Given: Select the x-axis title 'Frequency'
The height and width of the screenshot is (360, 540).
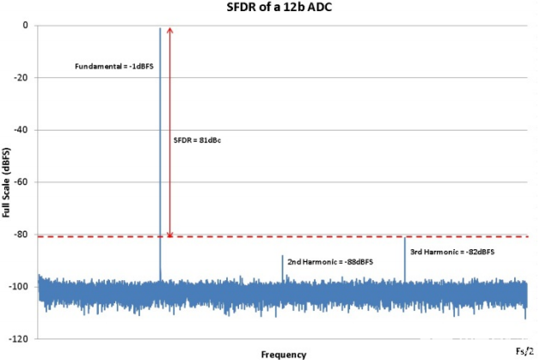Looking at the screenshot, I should pos(284,353).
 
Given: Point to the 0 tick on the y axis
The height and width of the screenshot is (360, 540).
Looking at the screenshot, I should pos(27,26).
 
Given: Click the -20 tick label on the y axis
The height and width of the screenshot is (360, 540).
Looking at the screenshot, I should pos(22,78).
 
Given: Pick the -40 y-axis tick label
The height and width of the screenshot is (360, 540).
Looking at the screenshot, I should pos(22,130).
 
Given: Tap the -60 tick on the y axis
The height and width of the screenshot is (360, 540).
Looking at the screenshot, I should pos(22,182).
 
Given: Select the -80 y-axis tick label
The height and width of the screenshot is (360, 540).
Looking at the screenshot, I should pos(22,234).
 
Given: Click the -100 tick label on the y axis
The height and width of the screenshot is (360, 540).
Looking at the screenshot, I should pos(21,286).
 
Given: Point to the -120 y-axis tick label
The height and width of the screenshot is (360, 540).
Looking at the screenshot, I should pos(21,339).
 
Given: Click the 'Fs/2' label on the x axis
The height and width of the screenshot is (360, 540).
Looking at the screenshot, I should pos(524,351).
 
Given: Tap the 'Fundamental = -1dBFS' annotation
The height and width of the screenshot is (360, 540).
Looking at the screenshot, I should pos(115,66).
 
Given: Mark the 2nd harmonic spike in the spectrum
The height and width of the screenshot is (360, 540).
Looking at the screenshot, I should pos(282,266).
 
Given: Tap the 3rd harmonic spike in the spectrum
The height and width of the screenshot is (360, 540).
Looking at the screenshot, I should pos(404,258).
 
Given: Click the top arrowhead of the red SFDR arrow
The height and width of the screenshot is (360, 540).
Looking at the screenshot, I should pos(170,31).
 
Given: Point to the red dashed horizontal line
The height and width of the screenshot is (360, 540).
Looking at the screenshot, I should pos(344,236).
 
